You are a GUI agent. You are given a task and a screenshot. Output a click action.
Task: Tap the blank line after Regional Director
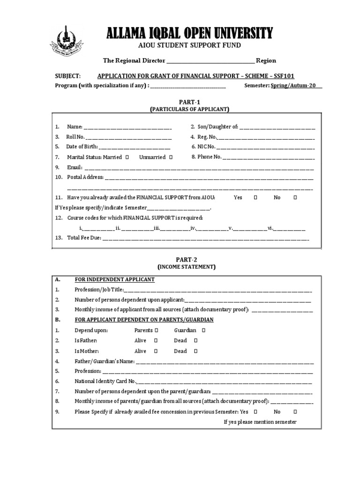[210, 61]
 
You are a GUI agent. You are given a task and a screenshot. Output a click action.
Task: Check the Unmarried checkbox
[171, 157]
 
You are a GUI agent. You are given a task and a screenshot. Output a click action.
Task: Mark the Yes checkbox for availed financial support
[255, 198]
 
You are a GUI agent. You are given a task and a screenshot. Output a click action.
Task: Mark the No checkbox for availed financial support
[295, 198]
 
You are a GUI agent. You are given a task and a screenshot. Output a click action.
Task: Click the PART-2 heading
[186, 259]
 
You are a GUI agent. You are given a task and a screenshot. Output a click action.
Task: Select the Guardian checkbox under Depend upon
[204, 330]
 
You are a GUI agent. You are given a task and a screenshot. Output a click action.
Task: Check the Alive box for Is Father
[156, 341]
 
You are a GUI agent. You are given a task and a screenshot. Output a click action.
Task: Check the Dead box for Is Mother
[195, 351]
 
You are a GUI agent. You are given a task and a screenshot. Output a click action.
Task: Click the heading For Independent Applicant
[114, 280]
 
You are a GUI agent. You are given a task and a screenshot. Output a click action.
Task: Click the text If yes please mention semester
[260, 422]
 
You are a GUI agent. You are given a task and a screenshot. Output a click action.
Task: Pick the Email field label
[75, 167]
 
